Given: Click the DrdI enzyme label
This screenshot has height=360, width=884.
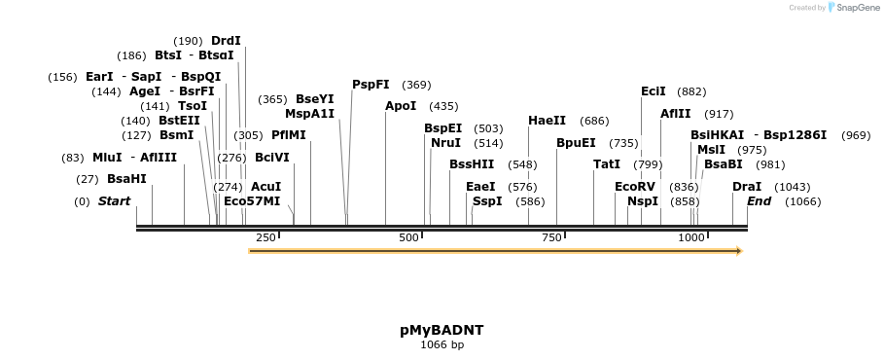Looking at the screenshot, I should (x=226, y=41).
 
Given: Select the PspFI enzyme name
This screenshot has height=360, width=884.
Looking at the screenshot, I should (x=371, y=85).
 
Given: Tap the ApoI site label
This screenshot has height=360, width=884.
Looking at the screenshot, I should (x=401, y=106).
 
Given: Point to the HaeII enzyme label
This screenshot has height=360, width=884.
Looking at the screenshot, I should (x=547, y=121).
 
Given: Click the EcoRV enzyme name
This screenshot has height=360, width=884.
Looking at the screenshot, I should (x=635, y=186).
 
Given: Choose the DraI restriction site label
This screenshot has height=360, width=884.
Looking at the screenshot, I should (x=747, y=186).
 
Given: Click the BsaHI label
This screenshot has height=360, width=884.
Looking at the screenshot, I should (x=126, y=179).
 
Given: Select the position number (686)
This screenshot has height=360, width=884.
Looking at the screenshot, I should (x=594, y=121).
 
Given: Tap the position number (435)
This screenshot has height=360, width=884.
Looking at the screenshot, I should (x=443, y=106).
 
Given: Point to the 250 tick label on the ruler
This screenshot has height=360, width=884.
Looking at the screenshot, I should (x=266, y=237).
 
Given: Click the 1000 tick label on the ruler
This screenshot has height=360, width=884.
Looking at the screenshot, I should (x=691, y=237).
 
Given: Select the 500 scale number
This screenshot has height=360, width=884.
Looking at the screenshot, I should (x=409, y=237).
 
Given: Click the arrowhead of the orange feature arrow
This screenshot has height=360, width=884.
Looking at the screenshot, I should (x=738, y=251).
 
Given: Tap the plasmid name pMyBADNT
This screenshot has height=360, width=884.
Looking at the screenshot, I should (x=442, y=330).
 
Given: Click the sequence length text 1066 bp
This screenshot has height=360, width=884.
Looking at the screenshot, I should (x=442, y=344).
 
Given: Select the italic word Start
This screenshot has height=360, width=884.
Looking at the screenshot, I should (x=114, y=201).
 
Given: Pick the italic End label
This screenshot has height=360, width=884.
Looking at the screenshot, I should (x=759, y=201).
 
